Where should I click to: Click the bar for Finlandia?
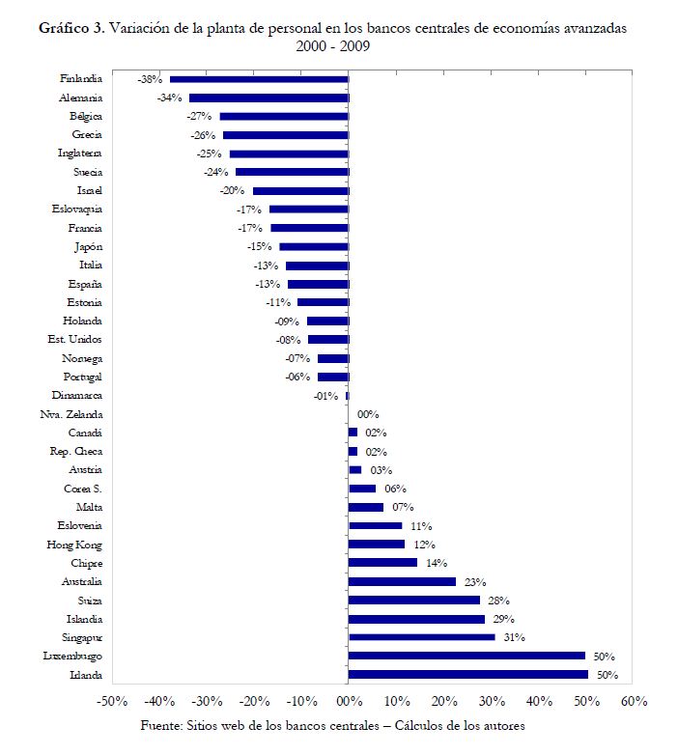point(259,79)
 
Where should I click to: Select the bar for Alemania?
point(268,98)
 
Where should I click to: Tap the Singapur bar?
point(421,637)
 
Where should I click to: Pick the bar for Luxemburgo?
point(466,656)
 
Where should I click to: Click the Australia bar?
point(402,581)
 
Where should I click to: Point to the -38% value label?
point(150,79)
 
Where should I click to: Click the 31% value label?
point(515,637)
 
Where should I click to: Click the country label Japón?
point(88,247)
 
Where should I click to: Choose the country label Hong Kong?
point(80,545)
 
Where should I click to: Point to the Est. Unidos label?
point(74,340)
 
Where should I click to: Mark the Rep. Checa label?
point(76,452)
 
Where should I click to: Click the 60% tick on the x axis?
point(633,701)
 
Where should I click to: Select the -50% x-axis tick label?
point(114,701)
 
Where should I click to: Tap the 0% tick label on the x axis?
point(349,701)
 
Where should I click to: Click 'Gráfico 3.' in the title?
point(71,28)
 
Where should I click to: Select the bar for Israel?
point(300,191)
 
